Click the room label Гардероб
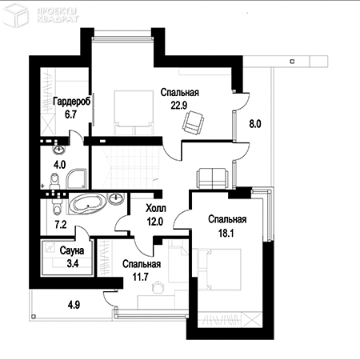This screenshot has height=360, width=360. point(72,102)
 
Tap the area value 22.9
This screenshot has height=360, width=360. point(179,106)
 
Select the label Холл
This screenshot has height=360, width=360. point(156,208)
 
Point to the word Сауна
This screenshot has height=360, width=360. point(72,250)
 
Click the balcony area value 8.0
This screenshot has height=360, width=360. point(255,124)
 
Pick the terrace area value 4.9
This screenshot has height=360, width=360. point(74,304)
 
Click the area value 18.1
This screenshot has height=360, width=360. point(226,234)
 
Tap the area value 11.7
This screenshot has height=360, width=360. point(141,278)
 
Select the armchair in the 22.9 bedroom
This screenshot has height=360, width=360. point(193,122)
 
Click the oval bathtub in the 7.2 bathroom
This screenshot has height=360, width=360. point(87,204)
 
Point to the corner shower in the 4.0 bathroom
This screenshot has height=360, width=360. point(76,178)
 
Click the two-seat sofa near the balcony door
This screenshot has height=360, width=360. point(213,178)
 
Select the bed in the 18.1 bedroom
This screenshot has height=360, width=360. point(217,270)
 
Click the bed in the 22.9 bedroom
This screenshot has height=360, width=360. point(134,112)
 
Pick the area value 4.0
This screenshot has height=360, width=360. point(60,165)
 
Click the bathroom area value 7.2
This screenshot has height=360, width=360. point(61,225)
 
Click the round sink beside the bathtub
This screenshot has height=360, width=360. point(116,198)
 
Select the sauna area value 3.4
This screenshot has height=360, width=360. point(73,264)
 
